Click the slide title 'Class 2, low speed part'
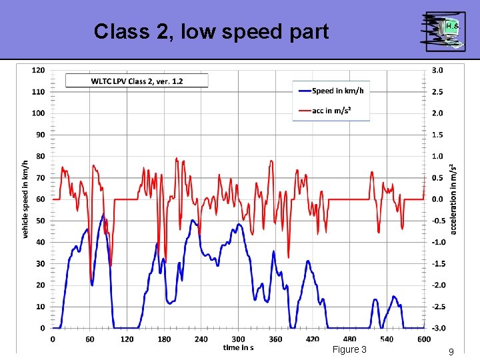(211, 31)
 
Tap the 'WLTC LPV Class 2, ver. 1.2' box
(137, 81)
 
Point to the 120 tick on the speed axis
(39, 70)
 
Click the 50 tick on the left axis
(41, 221)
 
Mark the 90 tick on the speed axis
(41, 135)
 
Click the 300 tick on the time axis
(239, 339)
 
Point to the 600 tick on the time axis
(424, 339)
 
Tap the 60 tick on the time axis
(90, 339)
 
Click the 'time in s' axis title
(239, 347)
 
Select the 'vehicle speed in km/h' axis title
(25, 199)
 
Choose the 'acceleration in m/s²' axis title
(453, 199)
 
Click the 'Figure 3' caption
(349, 350)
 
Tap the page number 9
(451, 351)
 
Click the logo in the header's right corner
(443, 31)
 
